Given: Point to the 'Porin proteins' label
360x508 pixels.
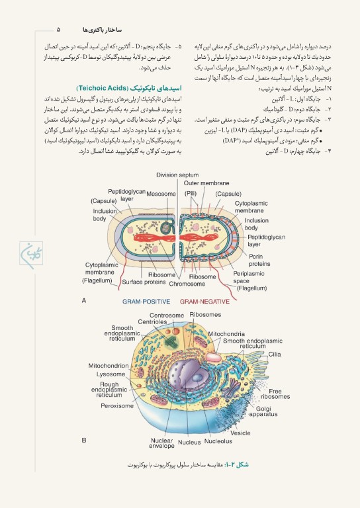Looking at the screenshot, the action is (x=259, y=259).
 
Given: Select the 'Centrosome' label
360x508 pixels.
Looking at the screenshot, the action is (x=166, y=315).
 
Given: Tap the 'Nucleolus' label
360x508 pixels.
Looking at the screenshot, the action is (x=218, y=441).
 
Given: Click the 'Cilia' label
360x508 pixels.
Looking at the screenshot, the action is (x=275, y=354).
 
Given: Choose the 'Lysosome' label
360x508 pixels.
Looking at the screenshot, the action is (x=111, y=374).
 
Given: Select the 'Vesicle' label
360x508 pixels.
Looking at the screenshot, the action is (x=241, y=433).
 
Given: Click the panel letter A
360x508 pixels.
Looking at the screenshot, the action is (x=84, y=300).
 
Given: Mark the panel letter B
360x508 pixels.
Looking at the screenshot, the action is (x=84, y=440).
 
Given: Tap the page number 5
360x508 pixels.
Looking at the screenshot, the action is (x=58, y=30).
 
